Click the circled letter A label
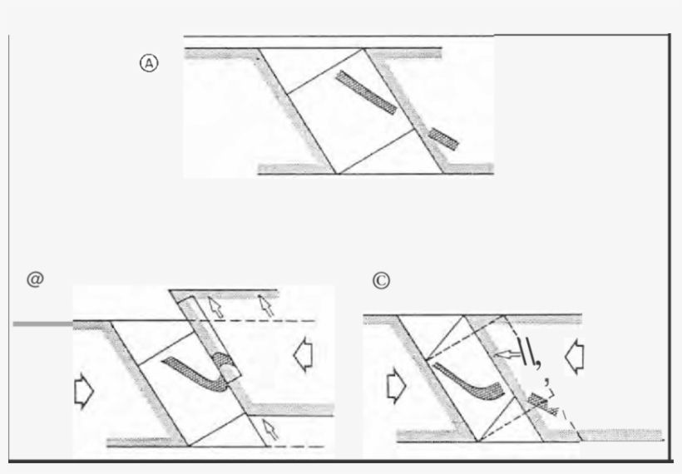(149, 63)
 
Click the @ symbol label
(34, 279)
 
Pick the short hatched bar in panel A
(443, 138)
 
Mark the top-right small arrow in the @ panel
(267, 307)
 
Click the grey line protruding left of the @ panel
(42, 323)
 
